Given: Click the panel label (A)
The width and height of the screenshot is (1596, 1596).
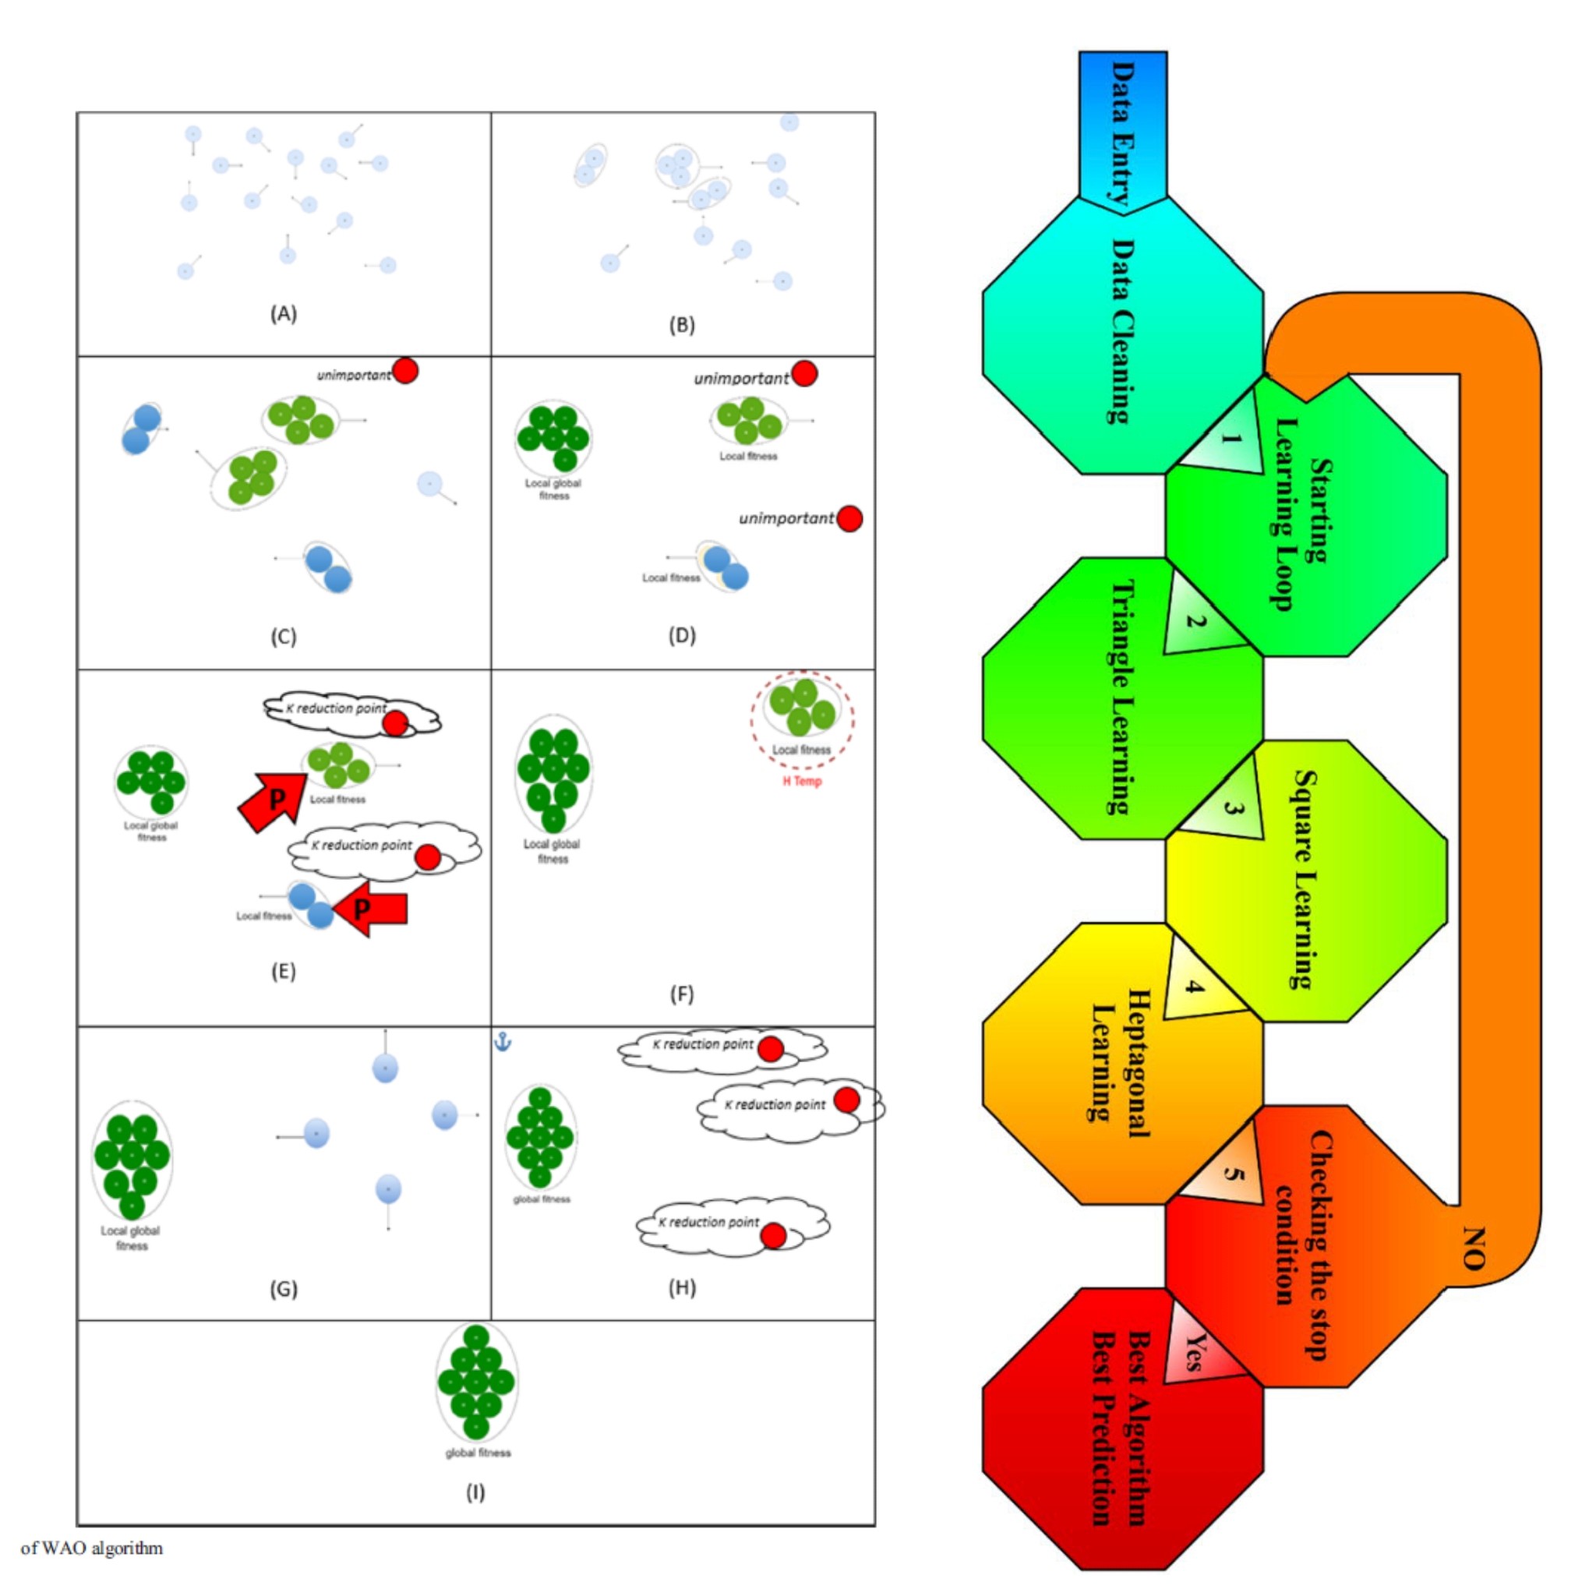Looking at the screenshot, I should (284, 314).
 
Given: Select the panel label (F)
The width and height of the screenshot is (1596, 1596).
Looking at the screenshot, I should (682, 994).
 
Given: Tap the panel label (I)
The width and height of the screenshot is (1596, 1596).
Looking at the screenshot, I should (475, 1492).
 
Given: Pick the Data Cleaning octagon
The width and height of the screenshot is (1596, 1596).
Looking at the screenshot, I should (1122, 334).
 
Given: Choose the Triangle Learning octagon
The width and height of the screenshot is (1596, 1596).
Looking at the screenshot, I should (1122, 698).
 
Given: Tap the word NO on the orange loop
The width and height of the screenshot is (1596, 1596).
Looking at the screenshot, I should (1474, 1248).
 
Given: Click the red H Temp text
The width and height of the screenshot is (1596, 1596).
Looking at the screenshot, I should (802, 782).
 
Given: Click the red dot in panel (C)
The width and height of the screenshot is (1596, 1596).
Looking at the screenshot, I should (404, 371).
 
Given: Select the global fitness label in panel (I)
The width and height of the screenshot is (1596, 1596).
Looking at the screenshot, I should (478, 1453).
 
